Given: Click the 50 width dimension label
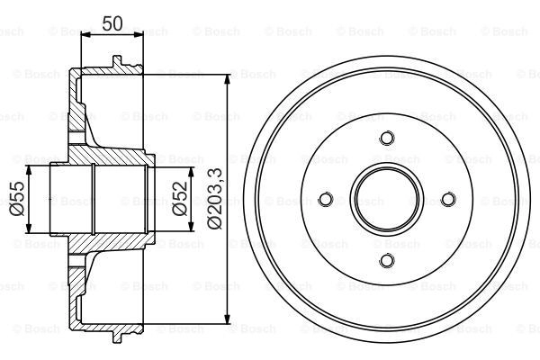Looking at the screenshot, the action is tap(112, 23).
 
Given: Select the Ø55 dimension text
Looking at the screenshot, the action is tap(17, 198).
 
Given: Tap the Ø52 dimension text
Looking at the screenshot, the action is tap(180, 199).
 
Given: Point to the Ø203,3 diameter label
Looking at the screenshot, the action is tap(215, 200).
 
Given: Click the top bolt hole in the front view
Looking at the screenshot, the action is tap(387, 138).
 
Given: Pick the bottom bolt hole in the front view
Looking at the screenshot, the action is tap(387, 260).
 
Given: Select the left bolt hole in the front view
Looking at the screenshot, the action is tap(326, 199).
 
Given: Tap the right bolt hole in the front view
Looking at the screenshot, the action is tap(448, 199).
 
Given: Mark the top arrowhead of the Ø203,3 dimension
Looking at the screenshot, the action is tap(227, 79).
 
